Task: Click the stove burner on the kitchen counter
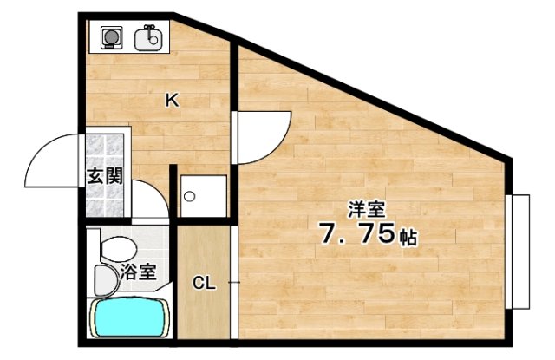[x=111, y=37]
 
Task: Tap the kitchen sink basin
[x=149, y=37]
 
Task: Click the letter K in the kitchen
[x=172, y=101]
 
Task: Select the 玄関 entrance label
[x=105, y=176]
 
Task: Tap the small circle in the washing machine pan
[x=189, y=195]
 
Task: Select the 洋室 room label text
[x=367, y=209]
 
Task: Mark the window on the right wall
[x=519, y=252]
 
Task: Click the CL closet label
[x=203, y=283]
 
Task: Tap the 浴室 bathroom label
[x=139, y=272]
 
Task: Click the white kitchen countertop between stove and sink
[x=130, y=37]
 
